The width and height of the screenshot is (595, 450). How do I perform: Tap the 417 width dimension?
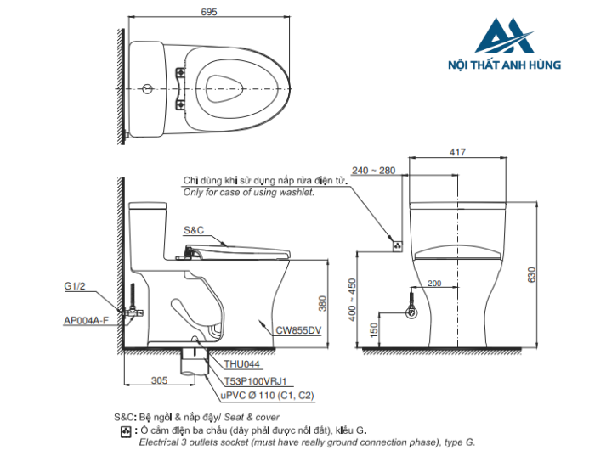[x=458, y=153]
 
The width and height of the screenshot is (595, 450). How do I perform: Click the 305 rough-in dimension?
[x=159, y=380]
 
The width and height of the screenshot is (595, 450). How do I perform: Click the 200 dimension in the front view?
[x=434, y=283]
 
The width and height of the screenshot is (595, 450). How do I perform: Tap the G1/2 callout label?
[x=75, y=287]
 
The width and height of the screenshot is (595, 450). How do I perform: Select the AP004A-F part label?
[x=86, y=320]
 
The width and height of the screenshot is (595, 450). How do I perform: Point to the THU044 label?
[x=231, y=364]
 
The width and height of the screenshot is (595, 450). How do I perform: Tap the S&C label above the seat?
[x=193, y=230]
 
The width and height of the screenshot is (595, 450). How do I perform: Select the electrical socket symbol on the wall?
[x=395, y=245]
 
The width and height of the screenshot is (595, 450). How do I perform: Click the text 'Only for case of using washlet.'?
[x=249, y=193]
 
